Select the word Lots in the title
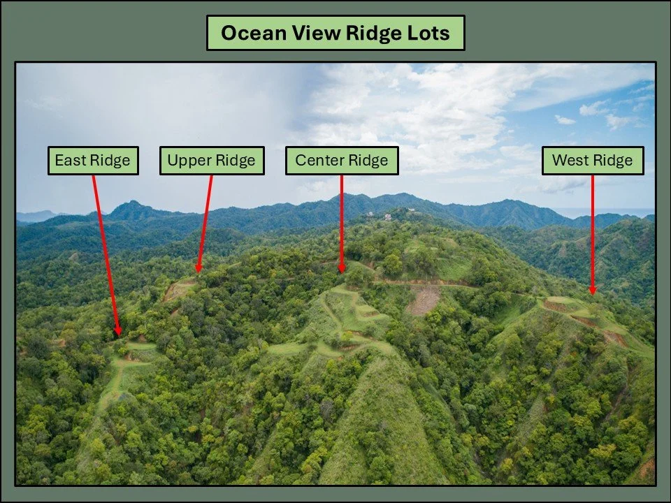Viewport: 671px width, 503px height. click(428, 33)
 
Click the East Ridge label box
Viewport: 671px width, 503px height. click(92, 161)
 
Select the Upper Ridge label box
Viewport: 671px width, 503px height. click(212, 161)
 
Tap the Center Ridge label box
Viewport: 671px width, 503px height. click(341, 161)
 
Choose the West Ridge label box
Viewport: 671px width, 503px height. click(592, 161)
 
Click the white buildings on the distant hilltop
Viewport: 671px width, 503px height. click(388, 217)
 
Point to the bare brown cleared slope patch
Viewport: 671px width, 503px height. click(424, 300)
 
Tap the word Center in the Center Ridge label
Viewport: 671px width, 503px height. click(323, 161)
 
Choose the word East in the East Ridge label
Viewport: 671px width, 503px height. click(70, 161)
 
